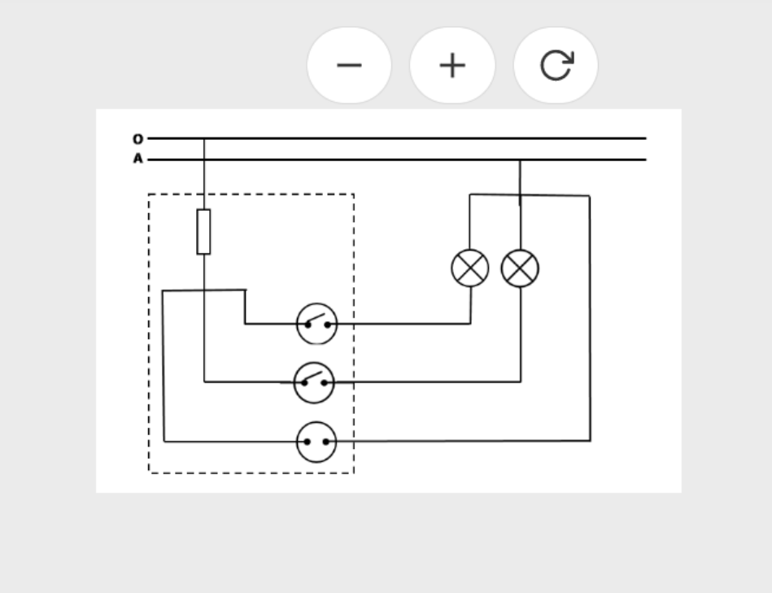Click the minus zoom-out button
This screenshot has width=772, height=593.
tap(349, 65)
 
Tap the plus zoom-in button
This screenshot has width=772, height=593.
tap(452, 65)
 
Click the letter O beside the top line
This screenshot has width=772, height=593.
tap(137, 139)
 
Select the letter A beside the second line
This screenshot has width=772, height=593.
tap(137, 159)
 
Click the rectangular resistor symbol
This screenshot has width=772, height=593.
tap(203, 232)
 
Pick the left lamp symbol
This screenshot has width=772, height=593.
tap(470, 268)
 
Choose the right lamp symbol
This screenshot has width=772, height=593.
tap(520, 268)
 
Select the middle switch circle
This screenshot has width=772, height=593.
tap(314, 382)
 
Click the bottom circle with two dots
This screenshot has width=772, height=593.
tap(316, 442)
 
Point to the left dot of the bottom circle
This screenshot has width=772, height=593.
tap(307, 443)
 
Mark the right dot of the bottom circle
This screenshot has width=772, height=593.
tap(325, 443)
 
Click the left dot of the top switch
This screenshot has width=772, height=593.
tap(307, 324)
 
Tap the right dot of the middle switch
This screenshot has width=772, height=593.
tap(324, 382)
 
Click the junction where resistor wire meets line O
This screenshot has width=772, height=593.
tap(204, 139)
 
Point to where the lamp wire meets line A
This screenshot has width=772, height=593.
tap(520, 160)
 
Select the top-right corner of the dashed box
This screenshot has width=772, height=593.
tap(354, 194)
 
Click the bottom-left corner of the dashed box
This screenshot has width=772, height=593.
tap(149, 472)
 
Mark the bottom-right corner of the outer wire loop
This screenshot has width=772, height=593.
tap(590, 441)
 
